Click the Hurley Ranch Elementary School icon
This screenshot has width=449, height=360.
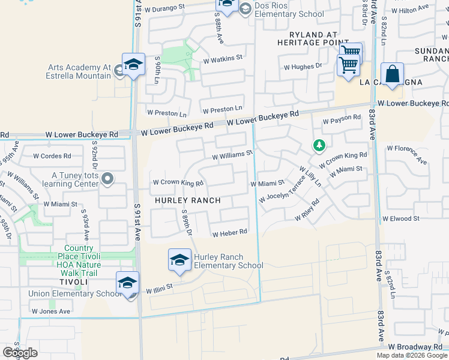tap(179, 259)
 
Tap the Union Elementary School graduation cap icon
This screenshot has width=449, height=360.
tap(127, 283)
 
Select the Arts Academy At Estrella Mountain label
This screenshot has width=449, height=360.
tap(79, 71)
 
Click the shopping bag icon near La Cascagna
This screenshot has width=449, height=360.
tap(392, 74)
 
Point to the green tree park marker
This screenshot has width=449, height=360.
tap(319, 145)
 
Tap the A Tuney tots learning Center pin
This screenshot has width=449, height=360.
tap(108, 178)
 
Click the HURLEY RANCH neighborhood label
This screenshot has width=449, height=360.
tap(188, 200)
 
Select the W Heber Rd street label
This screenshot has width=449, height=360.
tap(229, 232)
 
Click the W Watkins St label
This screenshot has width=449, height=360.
tap(222, 59)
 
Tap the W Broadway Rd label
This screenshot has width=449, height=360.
tap(415, 347)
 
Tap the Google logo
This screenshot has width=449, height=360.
tap(20, 353)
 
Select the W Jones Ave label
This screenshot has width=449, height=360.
tap(51, 311)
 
